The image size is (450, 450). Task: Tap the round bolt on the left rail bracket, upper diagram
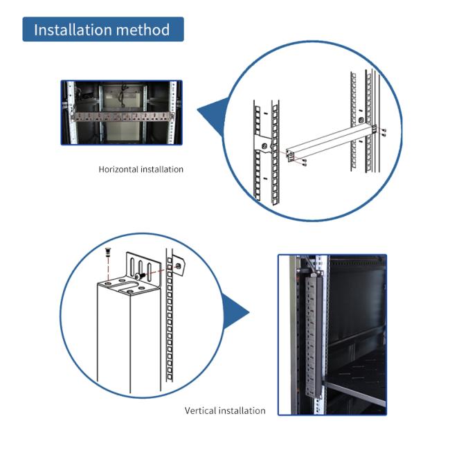click(264, 145)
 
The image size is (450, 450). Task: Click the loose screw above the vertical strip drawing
click(108, 254)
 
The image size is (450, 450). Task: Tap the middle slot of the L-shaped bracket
click(141, 268)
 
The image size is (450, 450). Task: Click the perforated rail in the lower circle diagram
click(168, 325)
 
